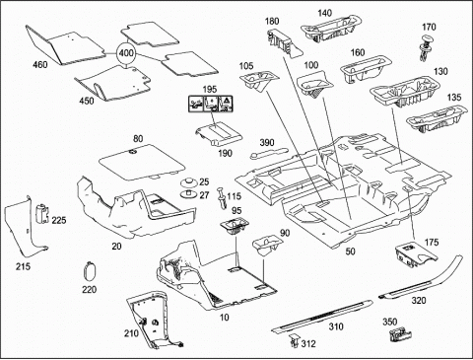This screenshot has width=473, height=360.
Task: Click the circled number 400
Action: [126, 53]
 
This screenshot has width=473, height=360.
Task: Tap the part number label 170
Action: [429, 27]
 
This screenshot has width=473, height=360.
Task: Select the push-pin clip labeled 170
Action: [426, 47]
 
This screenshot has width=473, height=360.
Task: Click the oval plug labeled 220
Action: [89, 271]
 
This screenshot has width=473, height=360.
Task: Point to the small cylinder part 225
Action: [41, 213]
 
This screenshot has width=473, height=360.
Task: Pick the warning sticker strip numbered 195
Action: [210, 103]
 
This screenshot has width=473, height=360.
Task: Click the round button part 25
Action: [189, 181]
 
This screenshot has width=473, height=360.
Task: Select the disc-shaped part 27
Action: [189, 194]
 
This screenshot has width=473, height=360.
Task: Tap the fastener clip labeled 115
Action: [222, 197]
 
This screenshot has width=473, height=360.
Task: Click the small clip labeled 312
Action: [295, 341]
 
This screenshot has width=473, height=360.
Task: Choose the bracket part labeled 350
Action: [399, 335]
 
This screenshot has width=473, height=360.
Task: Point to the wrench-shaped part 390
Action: [268, 153]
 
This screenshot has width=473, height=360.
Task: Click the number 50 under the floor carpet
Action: [351, 252]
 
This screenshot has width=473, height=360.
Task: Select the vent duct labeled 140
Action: [332, 29]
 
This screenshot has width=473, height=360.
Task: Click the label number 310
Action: [336, 326]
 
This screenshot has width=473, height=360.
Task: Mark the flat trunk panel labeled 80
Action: [142, 162]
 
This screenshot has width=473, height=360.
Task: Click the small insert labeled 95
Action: [234, 226]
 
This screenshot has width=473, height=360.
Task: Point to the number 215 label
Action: [23, 266]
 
